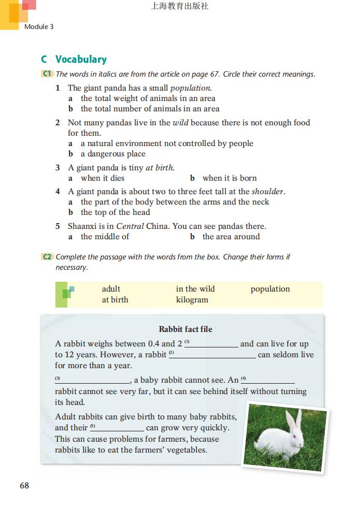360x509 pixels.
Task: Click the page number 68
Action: tap(24, 485)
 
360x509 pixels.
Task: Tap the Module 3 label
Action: tap(39, 26)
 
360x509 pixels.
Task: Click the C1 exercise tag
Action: tap(47, 74)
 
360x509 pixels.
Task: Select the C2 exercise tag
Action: tap(47, 257)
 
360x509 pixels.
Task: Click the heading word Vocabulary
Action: tap(81, 59)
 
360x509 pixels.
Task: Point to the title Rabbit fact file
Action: tap(185, 329)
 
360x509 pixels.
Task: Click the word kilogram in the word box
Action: tap(192, 300)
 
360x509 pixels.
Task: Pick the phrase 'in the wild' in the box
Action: tap(195, 289)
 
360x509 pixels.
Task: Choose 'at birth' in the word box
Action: tap(115, 300)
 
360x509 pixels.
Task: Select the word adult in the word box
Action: tap(111, 289)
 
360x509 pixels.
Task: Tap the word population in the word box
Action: tap(270, 289)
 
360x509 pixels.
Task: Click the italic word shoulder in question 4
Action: tap(268, 192)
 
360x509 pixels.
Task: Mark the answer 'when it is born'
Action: tap(229, 178)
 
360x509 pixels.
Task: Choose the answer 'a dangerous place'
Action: tap(113, 154)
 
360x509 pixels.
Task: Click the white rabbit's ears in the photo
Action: tap(294, 423)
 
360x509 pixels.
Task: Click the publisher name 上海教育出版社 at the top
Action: tap(180, 7)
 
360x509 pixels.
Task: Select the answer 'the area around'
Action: tap(231, 237)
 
